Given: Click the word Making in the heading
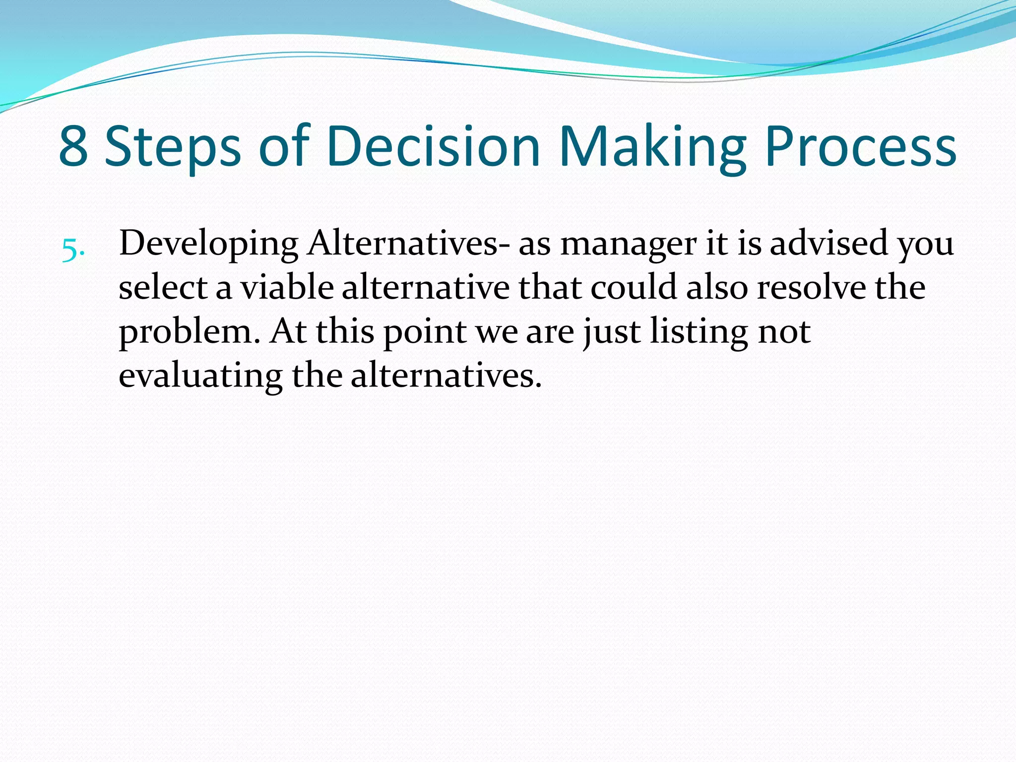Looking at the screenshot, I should click(652, 147).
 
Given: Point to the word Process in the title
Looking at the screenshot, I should click(861, 147).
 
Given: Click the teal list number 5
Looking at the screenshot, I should click(73, 250).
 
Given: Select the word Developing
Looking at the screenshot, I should click(208, 245).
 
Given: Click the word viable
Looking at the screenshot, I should click(287, 288).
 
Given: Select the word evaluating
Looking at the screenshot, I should click(200, 376).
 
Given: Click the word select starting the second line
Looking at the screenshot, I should click(163, 288).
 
